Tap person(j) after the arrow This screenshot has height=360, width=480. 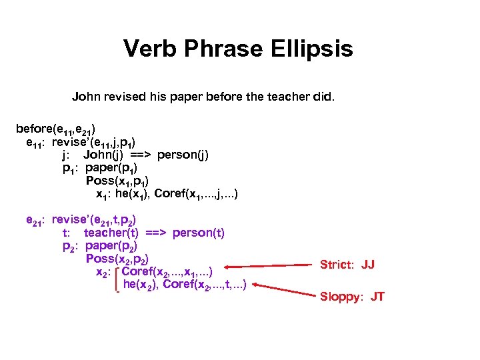point(184,155)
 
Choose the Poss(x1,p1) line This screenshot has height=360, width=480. point(117,181)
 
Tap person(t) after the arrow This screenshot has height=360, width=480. point(199,233)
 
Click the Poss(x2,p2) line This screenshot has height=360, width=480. point(117,259)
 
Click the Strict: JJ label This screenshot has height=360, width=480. point(347,265)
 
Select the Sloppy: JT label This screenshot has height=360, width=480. point(352,297)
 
